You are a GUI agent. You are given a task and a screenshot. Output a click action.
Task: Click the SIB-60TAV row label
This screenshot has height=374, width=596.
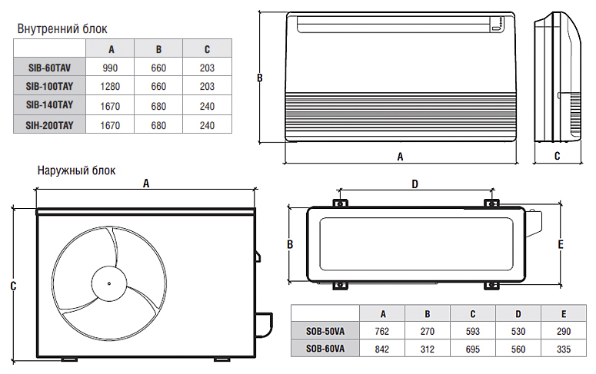49,68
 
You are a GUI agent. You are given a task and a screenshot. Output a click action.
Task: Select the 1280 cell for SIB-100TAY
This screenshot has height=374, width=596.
109,86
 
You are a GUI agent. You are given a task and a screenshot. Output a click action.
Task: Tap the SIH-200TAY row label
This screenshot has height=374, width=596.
49,124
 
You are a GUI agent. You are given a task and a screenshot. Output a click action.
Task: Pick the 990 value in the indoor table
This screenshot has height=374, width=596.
109,68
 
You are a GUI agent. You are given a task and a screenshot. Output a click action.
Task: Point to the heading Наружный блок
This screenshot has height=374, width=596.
76,170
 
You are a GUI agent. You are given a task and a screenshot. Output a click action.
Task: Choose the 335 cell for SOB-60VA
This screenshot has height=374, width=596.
564,349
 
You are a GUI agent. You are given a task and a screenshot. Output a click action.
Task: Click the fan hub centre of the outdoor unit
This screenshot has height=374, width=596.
107,283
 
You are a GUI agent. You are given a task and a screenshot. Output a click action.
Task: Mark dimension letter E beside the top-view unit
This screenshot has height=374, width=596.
561,244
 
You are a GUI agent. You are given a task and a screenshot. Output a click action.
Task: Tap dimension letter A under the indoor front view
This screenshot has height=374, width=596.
400,156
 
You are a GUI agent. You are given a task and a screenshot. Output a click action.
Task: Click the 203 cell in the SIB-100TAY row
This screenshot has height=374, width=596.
207,86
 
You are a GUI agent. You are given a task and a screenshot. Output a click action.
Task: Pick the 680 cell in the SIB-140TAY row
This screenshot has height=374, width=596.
158,105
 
